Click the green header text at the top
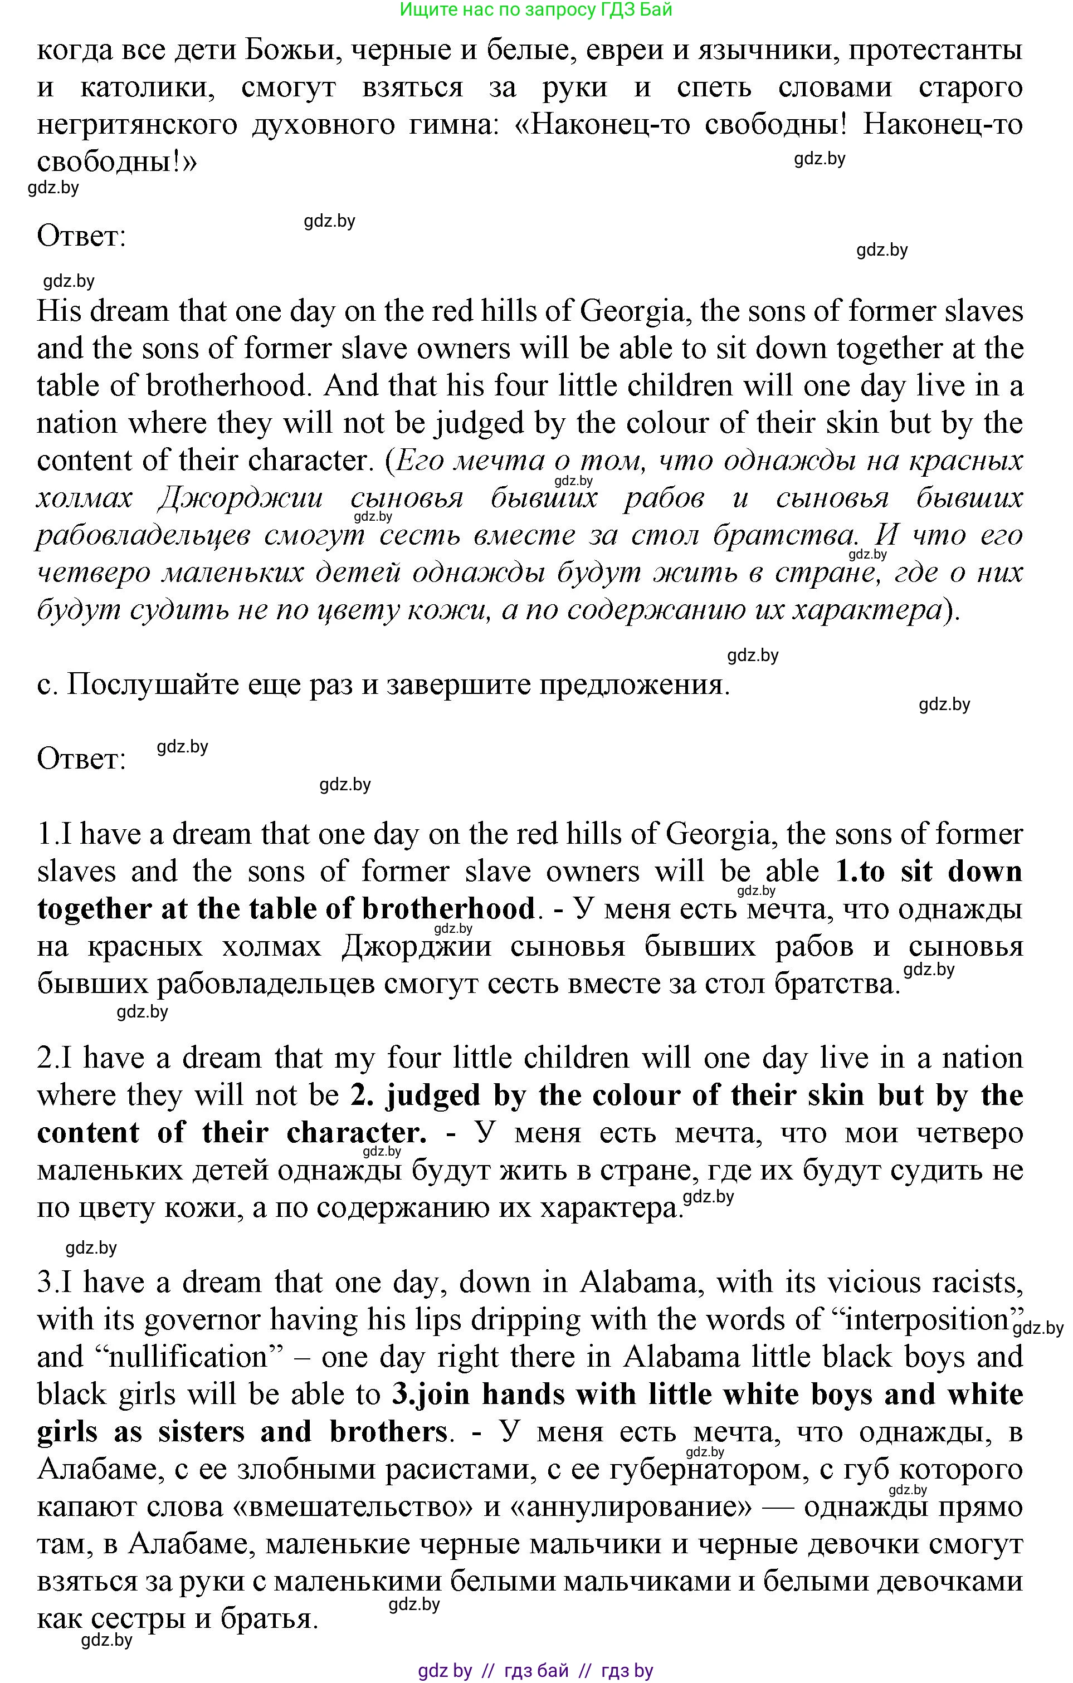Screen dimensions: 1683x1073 click(535, 10)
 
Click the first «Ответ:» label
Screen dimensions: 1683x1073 click(81, 237)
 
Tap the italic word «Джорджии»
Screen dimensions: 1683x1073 click(241, 498)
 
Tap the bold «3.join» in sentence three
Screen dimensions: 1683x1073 click(431, 1395)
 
